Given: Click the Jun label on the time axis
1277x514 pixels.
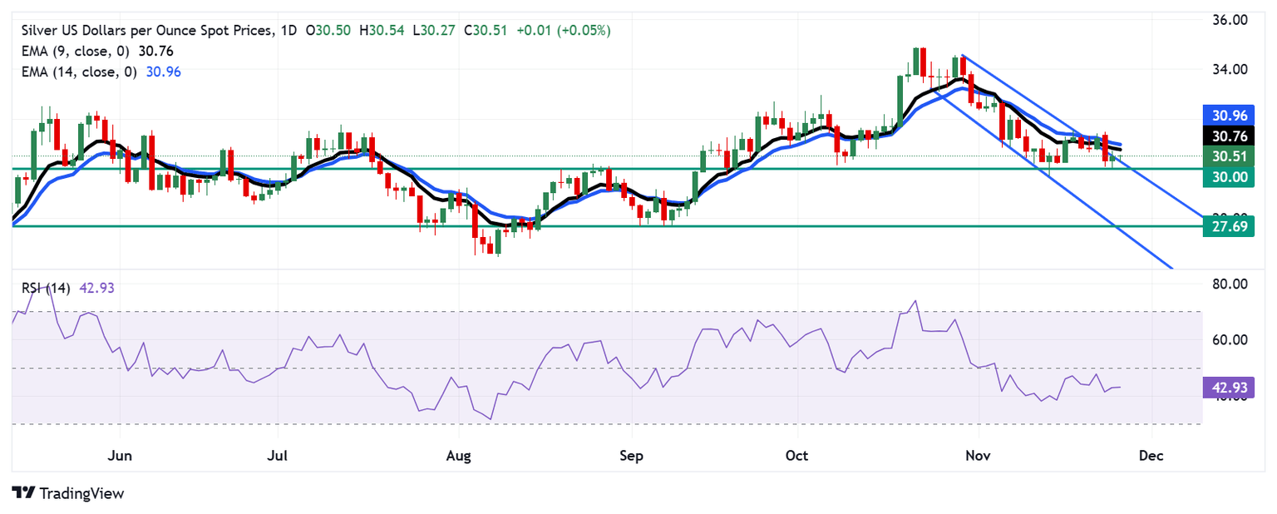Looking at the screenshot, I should pos(121,456).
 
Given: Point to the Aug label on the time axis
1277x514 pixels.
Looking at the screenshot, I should pos(459,456).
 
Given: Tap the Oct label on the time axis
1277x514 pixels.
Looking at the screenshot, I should pos(797,456).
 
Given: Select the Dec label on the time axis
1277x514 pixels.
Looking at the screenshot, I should pos(1151,456).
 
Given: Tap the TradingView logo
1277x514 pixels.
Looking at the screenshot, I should pos(68,493).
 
